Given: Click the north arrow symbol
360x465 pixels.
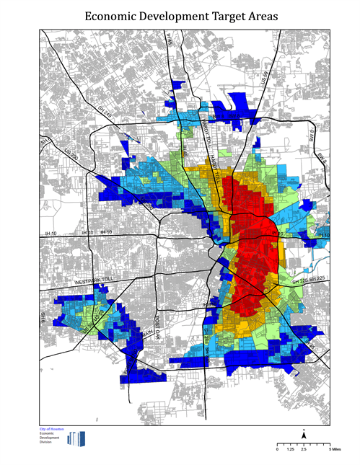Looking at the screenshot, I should click(304, 435).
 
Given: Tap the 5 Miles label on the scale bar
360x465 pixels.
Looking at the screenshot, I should click(334, 449).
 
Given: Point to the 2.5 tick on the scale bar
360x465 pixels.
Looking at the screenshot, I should click(304, 449).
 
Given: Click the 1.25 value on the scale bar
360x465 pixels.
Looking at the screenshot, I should click(291, 449).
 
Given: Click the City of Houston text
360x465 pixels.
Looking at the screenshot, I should click(52, 429).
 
